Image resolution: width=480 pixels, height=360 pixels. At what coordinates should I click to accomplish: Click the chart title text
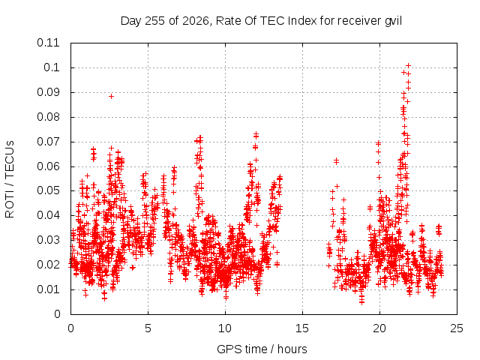(x=261, y=21)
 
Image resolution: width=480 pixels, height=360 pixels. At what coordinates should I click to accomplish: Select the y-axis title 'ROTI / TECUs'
(x=10, y=179)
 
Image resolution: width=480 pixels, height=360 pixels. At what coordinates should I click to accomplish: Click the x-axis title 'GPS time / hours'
(x=262, y=349)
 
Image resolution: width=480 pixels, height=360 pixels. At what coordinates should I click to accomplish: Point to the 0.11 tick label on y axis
(x=48, y=43)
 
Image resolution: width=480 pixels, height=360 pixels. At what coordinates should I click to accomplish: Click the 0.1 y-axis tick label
(x=52, y=67)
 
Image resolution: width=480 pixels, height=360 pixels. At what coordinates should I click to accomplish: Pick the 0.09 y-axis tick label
(x=48, y=92)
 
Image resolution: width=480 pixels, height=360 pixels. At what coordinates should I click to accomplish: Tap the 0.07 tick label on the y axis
(x=48, y=142)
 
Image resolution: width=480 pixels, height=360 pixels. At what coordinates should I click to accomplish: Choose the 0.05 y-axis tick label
(x=48, y=190)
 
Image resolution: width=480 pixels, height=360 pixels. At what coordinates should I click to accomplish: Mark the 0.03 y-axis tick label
(x=48, y=240)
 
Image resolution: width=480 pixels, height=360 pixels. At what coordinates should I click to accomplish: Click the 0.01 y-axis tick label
(x=48, y=289)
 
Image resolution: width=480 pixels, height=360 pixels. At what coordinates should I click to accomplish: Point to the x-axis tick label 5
(x=148, y=328)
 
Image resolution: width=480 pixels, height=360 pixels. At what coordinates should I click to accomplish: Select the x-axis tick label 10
(x=225, y=328)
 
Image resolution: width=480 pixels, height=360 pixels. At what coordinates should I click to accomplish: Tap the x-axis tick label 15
(x=302, y=328)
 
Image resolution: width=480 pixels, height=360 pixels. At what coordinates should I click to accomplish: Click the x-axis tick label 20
(x=379, y=328)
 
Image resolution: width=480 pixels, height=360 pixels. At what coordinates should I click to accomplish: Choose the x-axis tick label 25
(x=457, y=328)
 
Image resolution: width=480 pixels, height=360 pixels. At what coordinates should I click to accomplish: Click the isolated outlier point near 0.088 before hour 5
(x=112, y=97)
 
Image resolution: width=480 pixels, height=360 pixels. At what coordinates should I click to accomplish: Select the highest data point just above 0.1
(x=408, y=65)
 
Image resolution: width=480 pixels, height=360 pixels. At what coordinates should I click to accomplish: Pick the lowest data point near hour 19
(x=361, y=302)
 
